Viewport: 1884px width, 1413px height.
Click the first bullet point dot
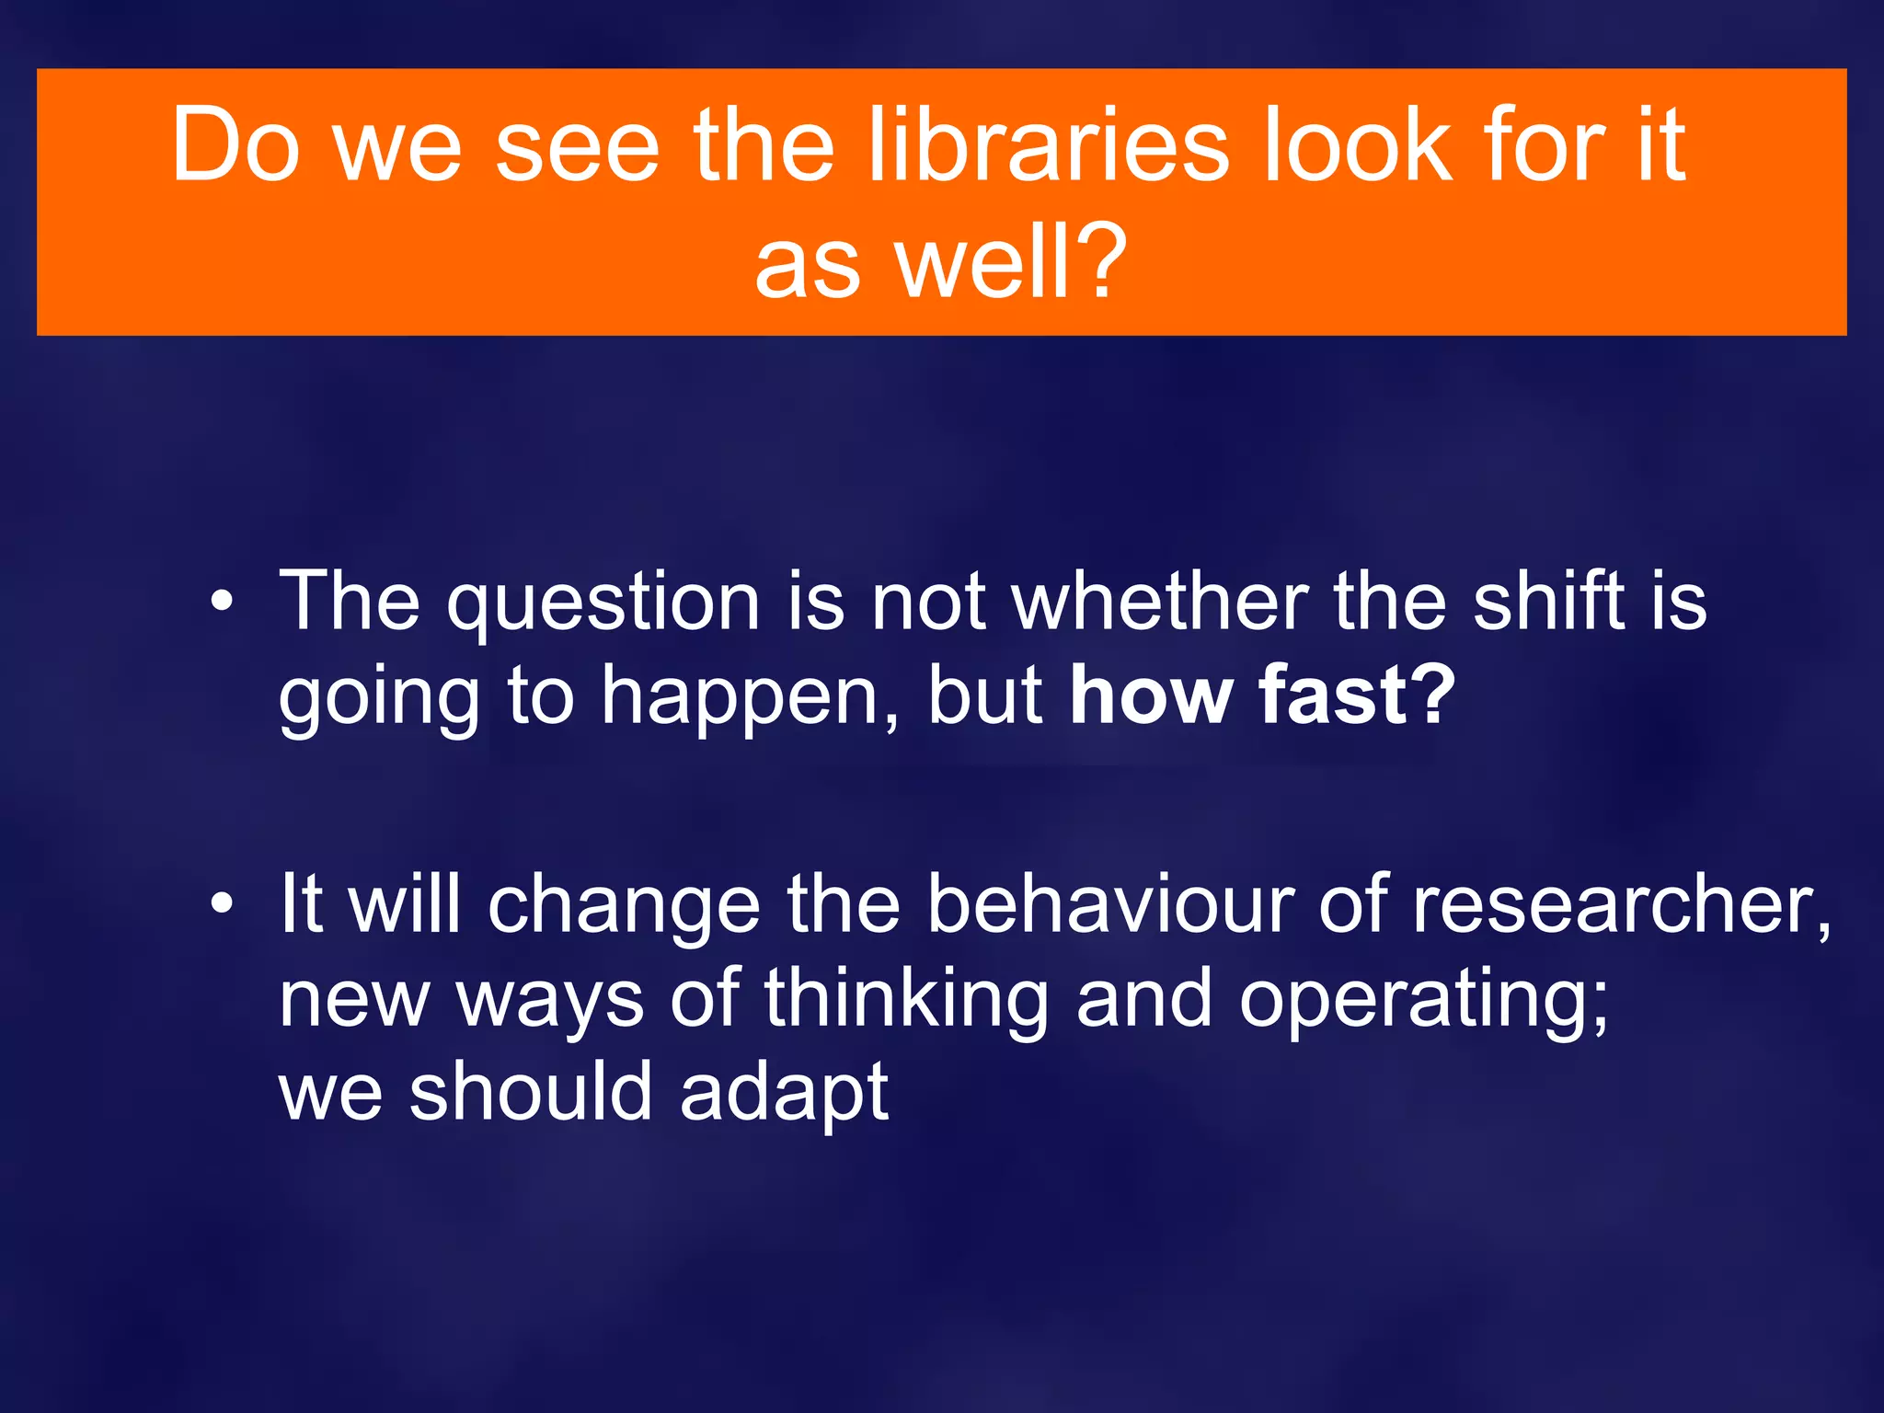click(x=221, y=603)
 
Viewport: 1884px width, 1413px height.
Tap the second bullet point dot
click(x=221, y=905)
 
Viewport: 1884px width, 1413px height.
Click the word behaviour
click(x=1109, y=905)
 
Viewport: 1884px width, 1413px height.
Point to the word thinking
click(x=906, y=999)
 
